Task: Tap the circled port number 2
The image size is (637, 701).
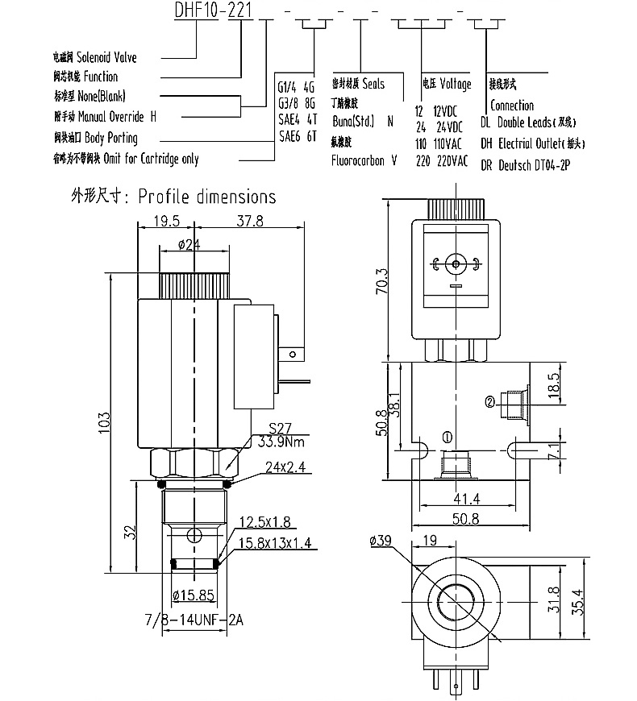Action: click(489, 401)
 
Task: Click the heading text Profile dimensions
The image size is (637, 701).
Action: click(206, 197)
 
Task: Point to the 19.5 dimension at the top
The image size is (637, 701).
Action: click(166, 222)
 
